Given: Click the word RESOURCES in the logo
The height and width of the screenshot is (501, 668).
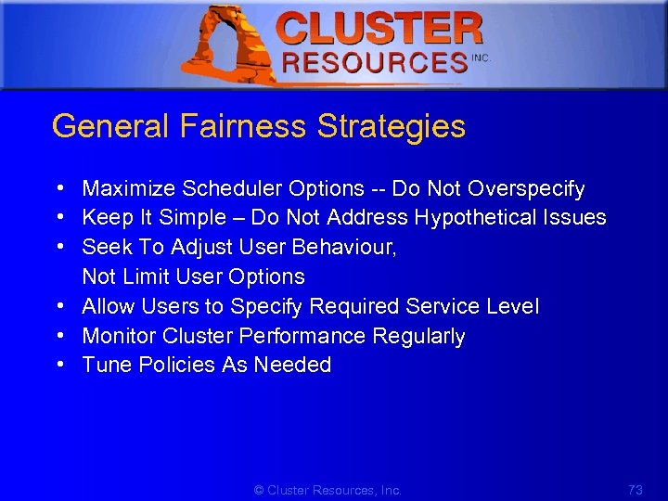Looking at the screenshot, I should tap(375, 63).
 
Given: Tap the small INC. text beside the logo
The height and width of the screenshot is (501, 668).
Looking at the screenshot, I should tap(481, 58).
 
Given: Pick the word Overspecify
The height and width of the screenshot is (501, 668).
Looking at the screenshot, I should tap(526, 189).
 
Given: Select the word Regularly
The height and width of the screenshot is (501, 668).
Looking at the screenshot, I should tap(418, 336).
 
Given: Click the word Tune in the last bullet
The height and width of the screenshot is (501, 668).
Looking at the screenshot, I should tap(102, 365).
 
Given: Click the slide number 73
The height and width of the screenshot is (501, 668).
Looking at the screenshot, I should tap(635, 490).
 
